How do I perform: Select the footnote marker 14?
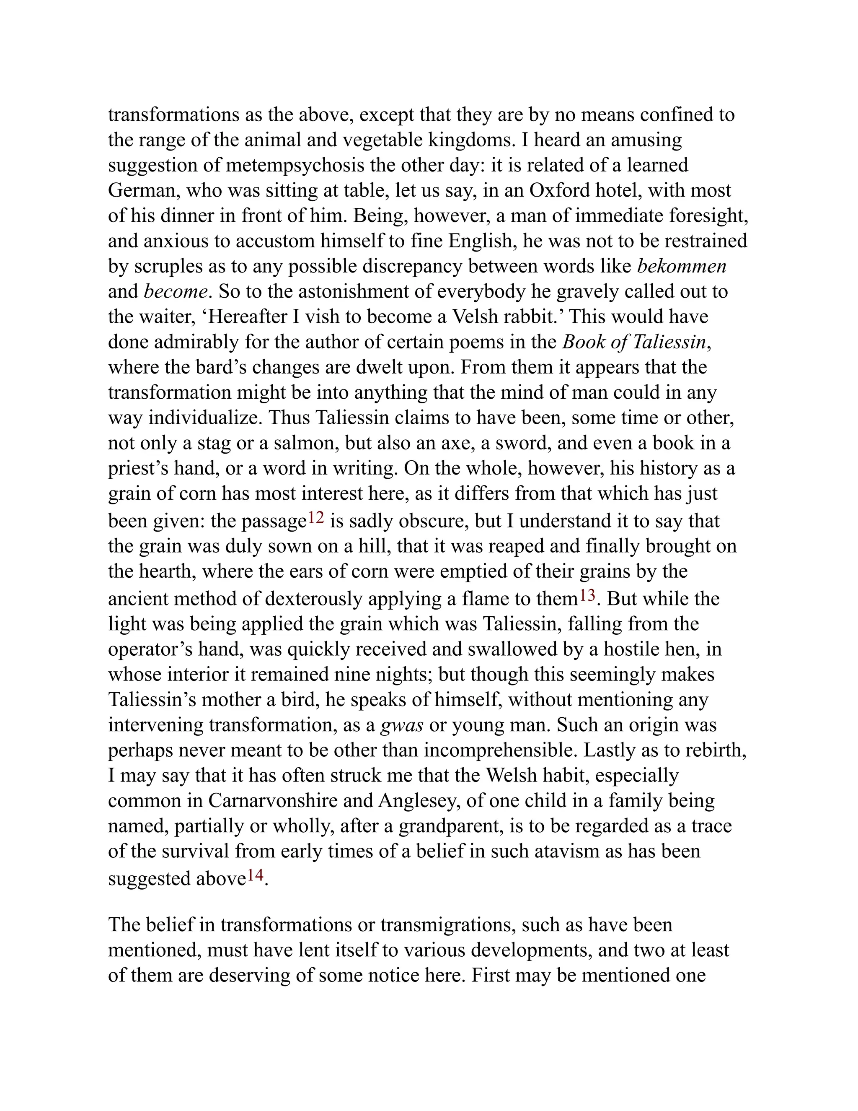(x=255, y=875)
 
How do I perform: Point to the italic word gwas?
(x=401, y=724)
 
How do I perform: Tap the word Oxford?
(x=559, y=191)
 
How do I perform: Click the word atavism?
(x=567, y=851)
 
